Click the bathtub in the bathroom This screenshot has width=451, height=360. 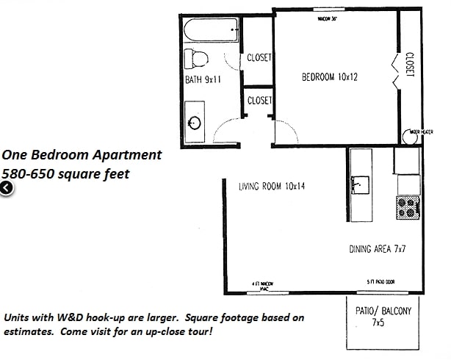pyautogui.click(x=211, y=32)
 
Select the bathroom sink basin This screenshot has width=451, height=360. pyautogui.click(x=195, y=123)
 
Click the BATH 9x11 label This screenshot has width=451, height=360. pyautogui.click(x=203, y=81)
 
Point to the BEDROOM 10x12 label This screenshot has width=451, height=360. pyautogui.click(x=329, y=76)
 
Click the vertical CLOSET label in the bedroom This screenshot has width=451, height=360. pyautogui.click(x=410, y=63)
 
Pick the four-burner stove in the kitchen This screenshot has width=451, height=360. pyautogui.click(x=408, y=207)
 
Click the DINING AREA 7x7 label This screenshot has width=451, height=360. pyautogui.click(x=378, y=249)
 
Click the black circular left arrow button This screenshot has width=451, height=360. pyautogui.click(x=6, y=189)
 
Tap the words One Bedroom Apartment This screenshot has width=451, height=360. pyautogui.click(x=81, y=155)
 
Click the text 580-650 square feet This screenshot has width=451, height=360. pyautogui.click(x=65, y=174)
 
